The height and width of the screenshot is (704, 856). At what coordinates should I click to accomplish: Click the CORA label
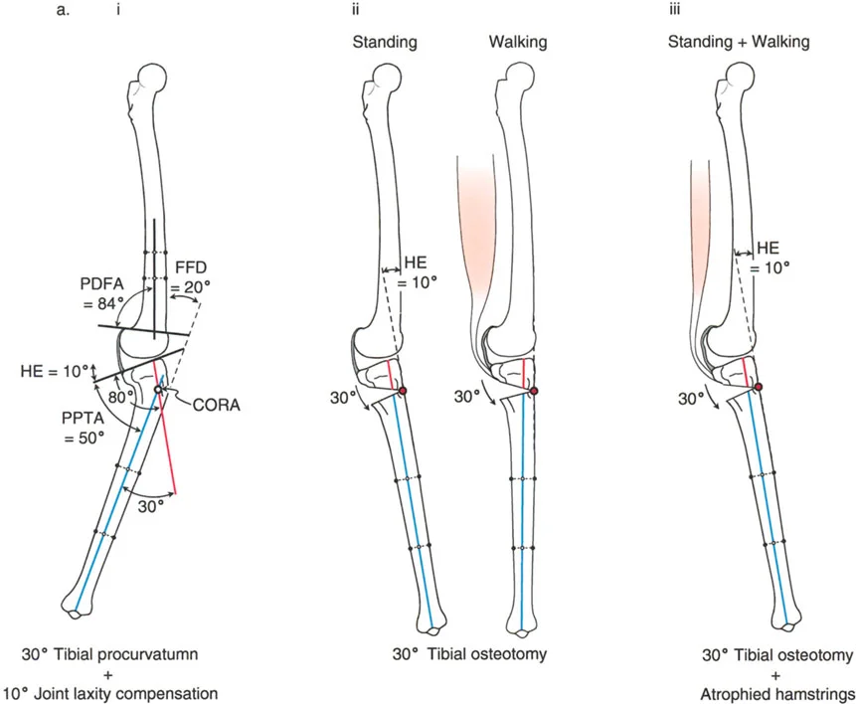[220, 406]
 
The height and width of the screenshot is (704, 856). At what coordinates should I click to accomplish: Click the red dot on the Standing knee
[403, 391]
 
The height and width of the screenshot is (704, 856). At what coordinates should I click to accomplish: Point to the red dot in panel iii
[760, 387]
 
